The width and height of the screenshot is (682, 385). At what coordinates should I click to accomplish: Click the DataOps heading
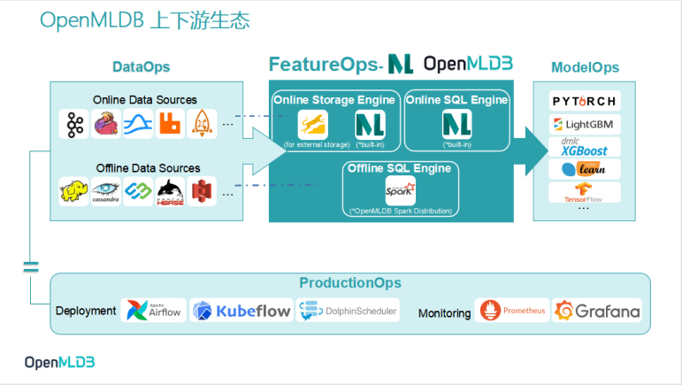[x=141, y=67]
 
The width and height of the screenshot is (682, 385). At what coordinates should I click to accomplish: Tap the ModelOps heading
[x=585, y=67]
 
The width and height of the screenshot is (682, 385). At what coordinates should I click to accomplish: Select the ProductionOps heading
[x=349, y=283]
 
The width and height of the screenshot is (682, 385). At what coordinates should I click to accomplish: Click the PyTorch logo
[x=585, y=101]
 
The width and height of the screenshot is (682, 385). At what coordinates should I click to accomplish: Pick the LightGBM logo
[x=585, y=124]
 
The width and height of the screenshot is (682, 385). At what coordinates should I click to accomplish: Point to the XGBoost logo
[x=585, y=147]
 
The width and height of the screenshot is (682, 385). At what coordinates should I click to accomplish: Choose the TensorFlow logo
[x=585, y=191]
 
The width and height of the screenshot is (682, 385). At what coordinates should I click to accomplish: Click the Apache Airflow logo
[x=154, y=310]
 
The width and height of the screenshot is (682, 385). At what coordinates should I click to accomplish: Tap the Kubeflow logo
[x=241, y=311]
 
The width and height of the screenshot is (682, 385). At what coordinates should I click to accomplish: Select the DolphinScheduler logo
[x=349, y=310]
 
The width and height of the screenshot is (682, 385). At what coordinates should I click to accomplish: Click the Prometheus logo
[x=512, y=311]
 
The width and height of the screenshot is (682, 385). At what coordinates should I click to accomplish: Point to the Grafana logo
[x=597, y=311]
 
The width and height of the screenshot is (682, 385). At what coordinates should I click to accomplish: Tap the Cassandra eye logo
[x=105, y=190]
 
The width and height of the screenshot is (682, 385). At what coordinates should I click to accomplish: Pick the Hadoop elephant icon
[x=73, y=190]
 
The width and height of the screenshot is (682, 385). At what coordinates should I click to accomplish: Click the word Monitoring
[x=445, y=312]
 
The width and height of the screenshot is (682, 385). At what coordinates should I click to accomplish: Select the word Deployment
[x=86, y=311]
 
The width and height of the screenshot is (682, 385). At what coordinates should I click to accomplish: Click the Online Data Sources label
[x=145, y=100]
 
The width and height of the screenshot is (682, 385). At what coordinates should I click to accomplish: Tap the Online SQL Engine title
[x=456, y=100]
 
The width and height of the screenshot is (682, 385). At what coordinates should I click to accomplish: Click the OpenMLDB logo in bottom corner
[x=59, y=362]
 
